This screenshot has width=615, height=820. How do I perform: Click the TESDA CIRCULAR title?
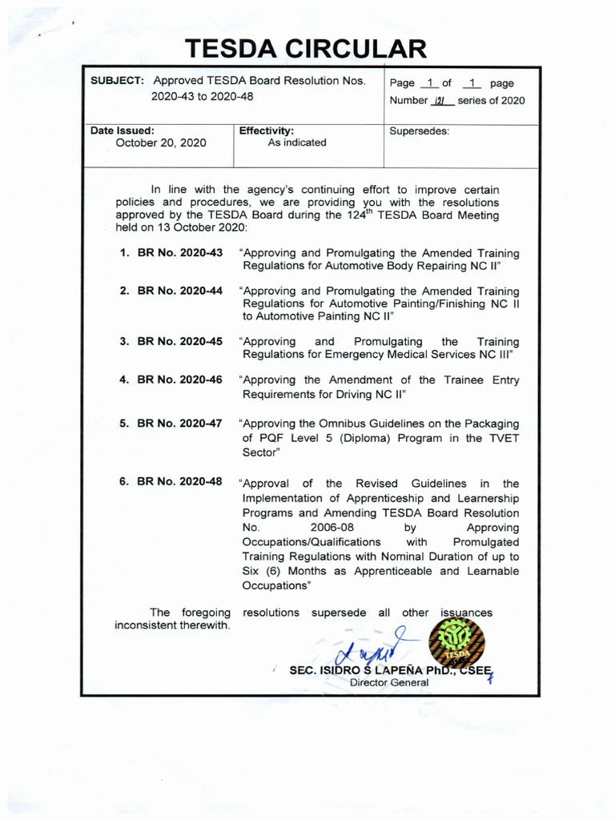307,49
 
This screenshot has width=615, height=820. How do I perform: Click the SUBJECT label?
117,82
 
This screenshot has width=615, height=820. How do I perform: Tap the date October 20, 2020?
161,143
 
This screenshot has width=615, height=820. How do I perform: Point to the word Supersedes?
419,130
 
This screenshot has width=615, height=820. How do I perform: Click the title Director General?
389,682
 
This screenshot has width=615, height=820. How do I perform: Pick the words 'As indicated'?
297,143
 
